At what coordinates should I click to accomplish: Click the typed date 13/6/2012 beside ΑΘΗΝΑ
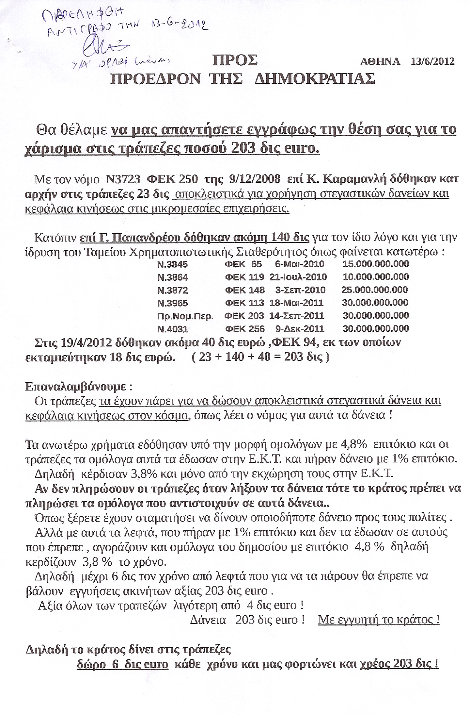[433, 61]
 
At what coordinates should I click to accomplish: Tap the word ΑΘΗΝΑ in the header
[380, 61]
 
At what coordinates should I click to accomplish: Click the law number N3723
[123, 179]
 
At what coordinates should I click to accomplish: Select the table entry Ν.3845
[173, 264]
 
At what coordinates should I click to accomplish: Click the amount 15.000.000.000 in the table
[376, 264]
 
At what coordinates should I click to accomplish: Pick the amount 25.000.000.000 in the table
[375, 290]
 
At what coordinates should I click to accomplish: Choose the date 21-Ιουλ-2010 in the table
[298, 277]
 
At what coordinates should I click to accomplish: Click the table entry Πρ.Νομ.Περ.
[185, 316]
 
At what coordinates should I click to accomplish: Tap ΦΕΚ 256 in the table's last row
[245, 329]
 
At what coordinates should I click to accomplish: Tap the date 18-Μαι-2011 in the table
[296, 303]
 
